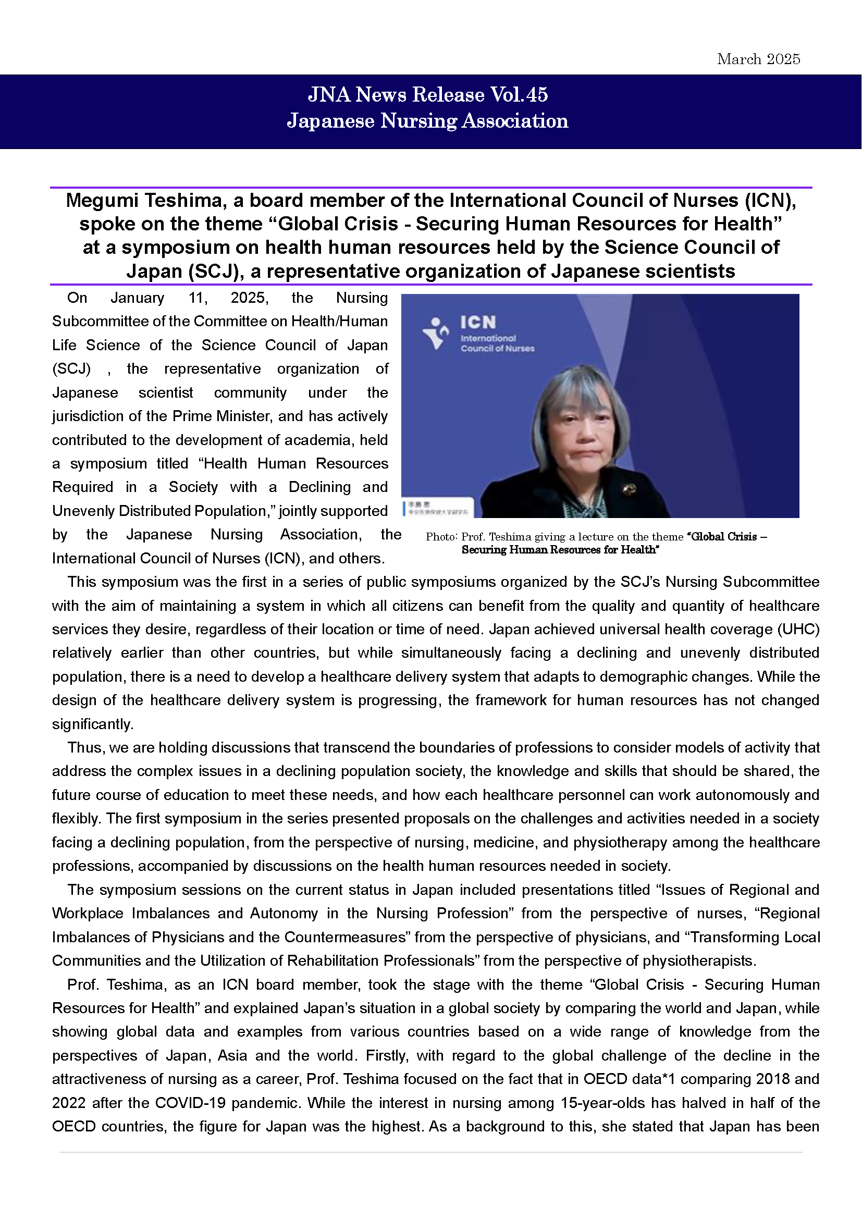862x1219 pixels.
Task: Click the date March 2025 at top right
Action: point(758,59)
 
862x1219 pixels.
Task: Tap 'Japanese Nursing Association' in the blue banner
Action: point(427,121)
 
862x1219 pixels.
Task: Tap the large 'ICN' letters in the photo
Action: point(478,322)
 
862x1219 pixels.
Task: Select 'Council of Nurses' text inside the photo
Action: point(497,349)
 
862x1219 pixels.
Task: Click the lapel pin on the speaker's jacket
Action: point(630,489)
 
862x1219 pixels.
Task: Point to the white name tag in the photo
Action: point(438,508)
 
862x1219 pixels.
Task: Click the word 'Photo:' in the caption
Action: point(441,537)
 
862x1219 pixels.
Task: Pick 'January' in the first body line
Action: point(138,298)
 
